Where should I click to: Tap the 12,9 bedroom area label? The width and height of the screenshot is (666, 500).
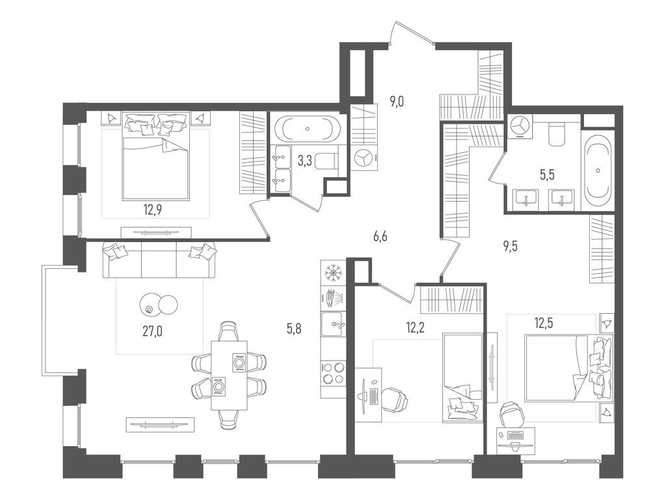click(153, 209)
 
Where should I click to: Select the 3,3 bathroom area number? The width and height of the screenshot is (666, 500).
click(304, 161)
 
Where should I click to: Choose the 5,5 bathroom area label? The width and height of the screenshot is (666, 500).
click(546, 174)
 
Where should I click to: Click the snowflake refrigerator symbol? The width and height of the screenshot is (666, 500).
click(332, 272)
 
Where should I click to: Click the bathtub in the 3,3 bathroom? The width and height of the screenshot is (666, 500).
click(306, 128)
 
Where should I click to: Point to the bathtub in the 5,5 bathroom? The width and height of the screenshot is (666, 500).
click(597, 169)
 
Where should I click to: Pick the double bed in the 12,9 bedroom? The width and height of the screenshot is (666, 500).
click(156, 160)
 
